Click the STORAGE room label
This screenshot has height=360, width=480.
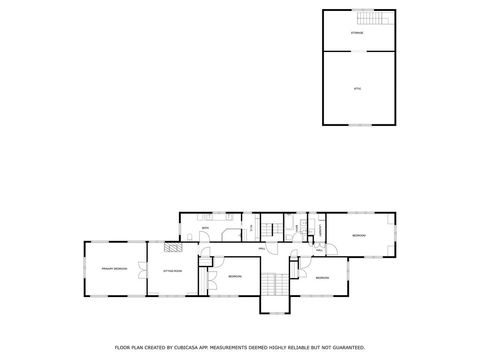tap(357, 33)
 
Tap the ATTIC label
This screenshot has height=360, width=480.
tap(357, 90)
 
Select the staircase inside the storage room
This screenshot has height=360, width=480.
tap(376, 19)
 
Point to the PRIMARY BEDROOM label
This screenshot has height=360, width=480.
tap(112, 269)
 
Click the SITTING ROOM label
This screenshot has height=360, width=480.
tap(172, 271)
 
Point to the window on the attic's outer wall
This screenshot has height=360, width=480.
tap(357, 125)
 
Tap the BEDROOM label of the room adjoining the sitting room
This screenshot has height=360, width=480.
tap(233, 276)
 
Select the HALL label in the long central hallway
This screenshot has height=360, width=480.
tap(262, 247)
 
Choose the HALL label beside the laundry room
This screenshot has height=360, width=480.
tap(319, 249)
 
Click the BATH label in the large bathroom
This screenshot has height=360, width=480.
tap(205, 230)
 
